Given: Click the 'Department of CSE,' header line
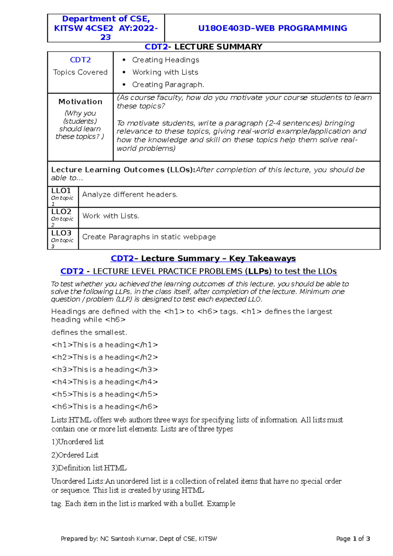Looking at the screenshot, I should tap(106, 19).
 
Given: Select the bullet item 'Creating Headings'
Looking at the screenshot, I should tap(165, 60).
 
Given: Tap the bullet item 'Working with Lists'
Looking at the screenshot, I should tap(165, 72).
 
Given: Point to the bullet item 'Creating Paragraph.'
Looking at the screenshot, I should tap(168, 85).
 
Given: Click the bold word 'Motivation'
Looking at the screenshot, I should tap(80, 102).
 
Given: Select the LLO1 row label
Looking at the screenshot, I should tap(61, 191).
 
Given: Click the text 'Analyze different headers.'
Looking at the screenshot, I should tap(130, 195).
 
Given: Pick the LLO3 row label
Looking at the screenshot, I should tap(61, 233).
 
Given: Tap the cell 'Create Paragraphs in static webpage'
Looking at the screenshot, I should tap(149, 237).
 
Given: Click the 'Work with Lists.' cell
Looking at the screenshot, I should tap(111, 216).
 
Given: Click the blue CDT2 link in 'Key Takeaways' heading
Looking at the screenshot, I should tap(122, 259).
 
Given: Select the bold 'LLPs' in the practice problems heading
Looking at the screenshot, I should tap(258, 271).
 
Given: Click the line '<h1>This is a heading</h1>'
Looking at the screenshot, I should tap(105, 345).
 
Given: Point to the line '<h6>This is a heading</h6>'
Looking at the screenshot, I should tap(105, 407).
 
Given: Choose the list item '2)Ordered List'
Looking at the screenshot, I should tap(75, 455).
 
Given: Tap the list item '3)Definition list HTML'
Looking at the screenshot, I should tap(89, 468).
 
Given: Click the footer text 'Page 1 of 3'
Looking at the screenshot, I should tap(353, 539).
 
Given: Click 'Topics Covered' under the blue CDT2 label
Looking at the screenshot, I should tap(80, 72).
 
